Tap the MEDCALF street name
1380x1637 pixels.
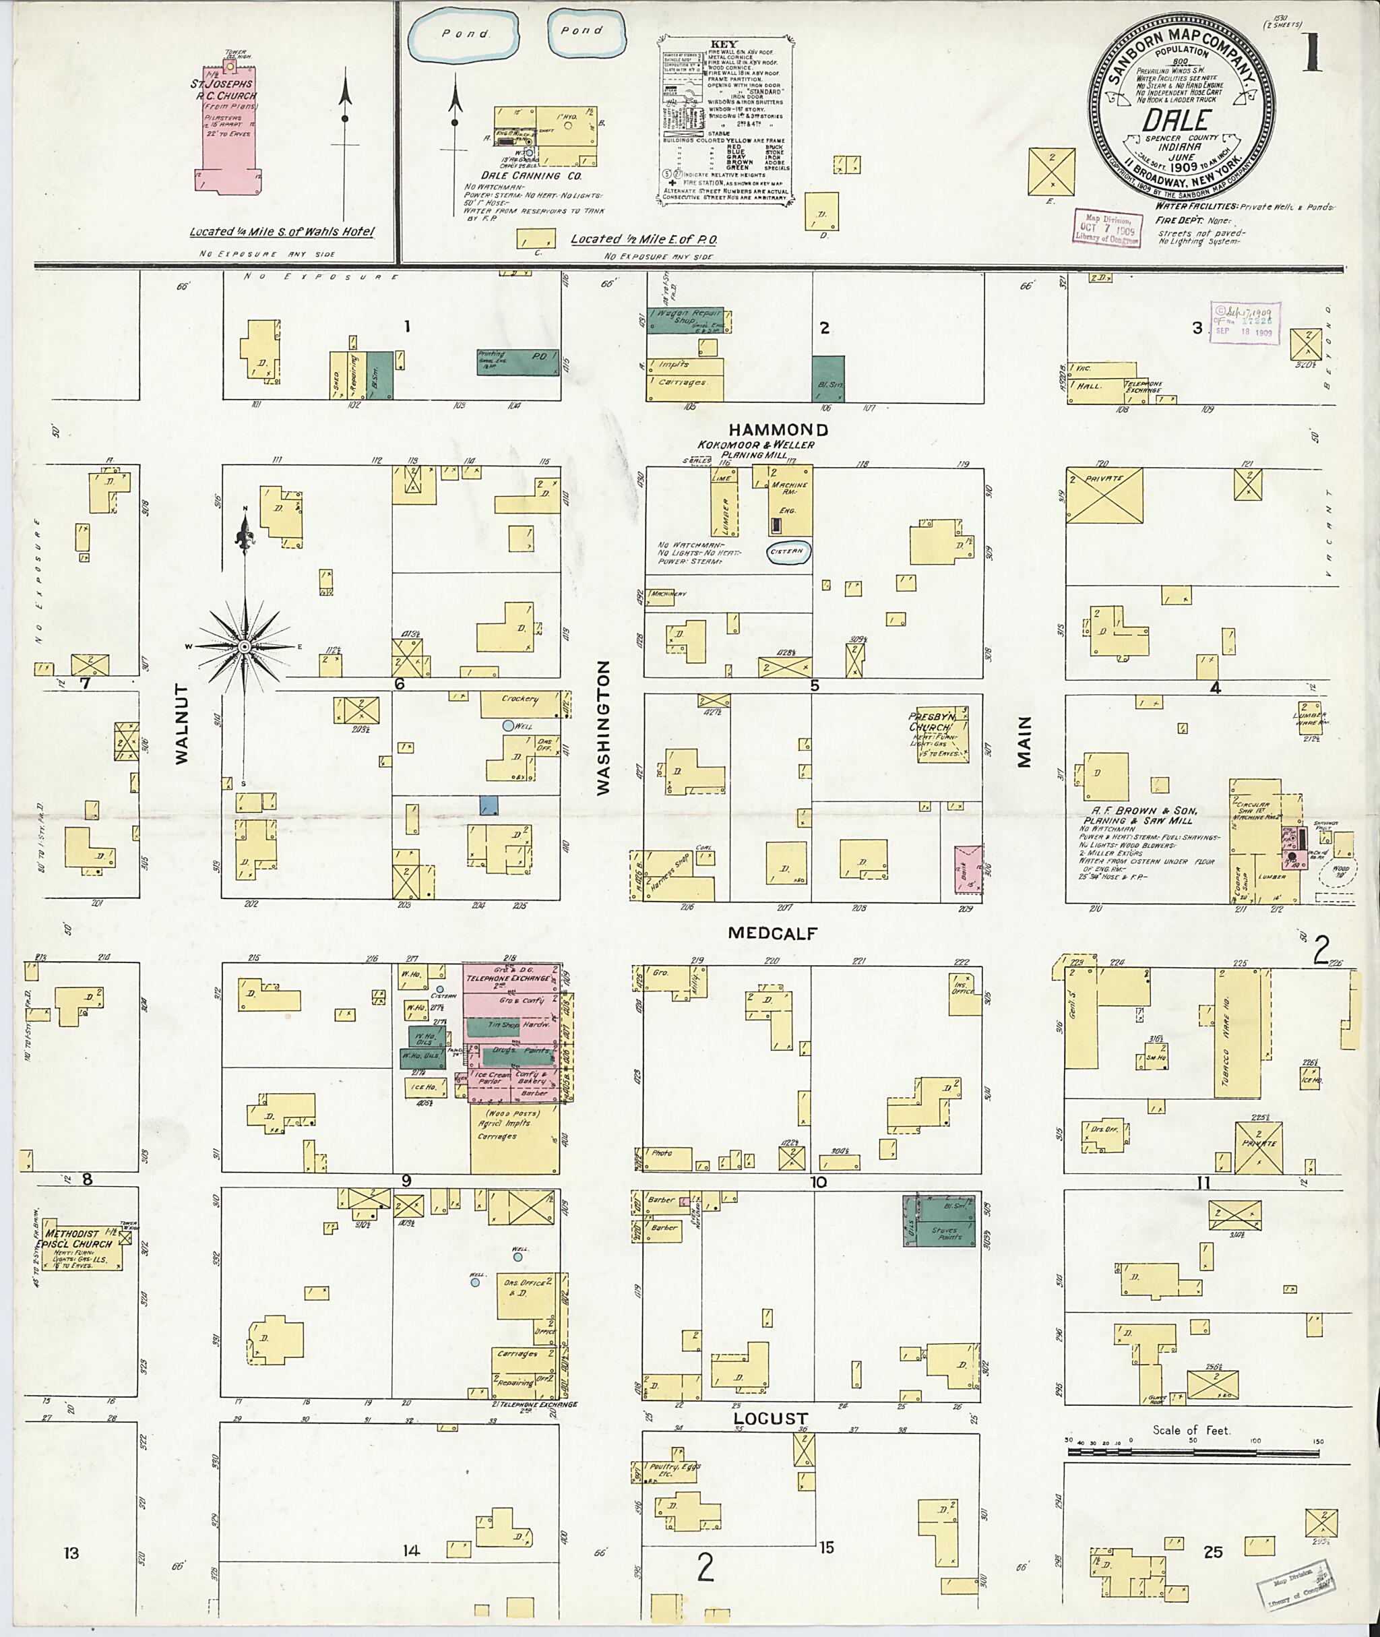772,933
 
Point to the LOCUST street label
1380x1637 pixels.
771,1419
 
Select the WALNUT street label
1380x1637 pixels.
183,723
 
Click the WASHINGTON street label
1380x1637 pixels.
603,728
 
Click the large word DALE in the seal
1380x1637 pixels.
1179,120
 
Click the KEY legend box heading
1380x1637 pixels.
724,44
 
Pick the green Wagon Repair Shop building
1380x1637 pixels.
686,321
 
